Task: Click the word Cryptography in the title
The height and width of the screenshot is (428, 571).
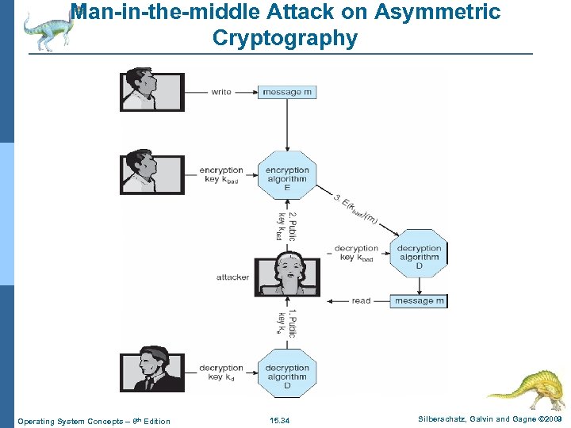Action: pos(285,37)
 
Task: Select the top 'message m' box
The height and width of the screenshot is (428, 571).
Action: pos(287,92)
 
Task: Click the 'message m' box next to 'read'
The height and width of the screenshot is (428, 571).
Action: pos(420,301)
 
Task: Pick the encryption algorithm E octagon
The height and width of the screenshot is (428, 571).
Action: pos(287,175)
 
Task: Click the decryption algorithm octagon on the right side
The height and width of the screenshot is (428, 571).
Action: pos(419,253)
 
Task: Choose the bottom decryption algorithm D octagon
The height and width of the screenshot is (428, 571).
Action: pos(287,373)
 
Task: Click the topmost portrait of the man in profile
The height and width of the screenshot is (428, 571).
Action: pos(152,92)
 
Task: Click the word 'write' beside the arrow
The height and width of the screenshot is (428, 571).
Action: pos(221,92)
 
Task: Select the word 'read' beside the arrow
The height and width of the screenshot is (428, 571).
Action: pos(361,301)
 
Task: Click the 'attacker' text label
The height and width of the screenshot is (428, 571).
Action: pos(232,277)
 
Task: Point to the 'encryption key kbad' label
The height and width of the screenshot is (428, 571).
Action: pos(221,175)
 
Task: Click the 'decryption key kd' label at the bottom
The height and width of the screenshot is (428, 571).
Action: pos(221,373)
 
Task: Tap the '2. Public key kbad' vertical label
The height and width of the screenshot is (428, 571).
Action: pos(286,226)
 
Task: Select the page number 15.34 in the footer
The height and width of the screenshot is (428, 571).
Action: pos(279,421)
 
